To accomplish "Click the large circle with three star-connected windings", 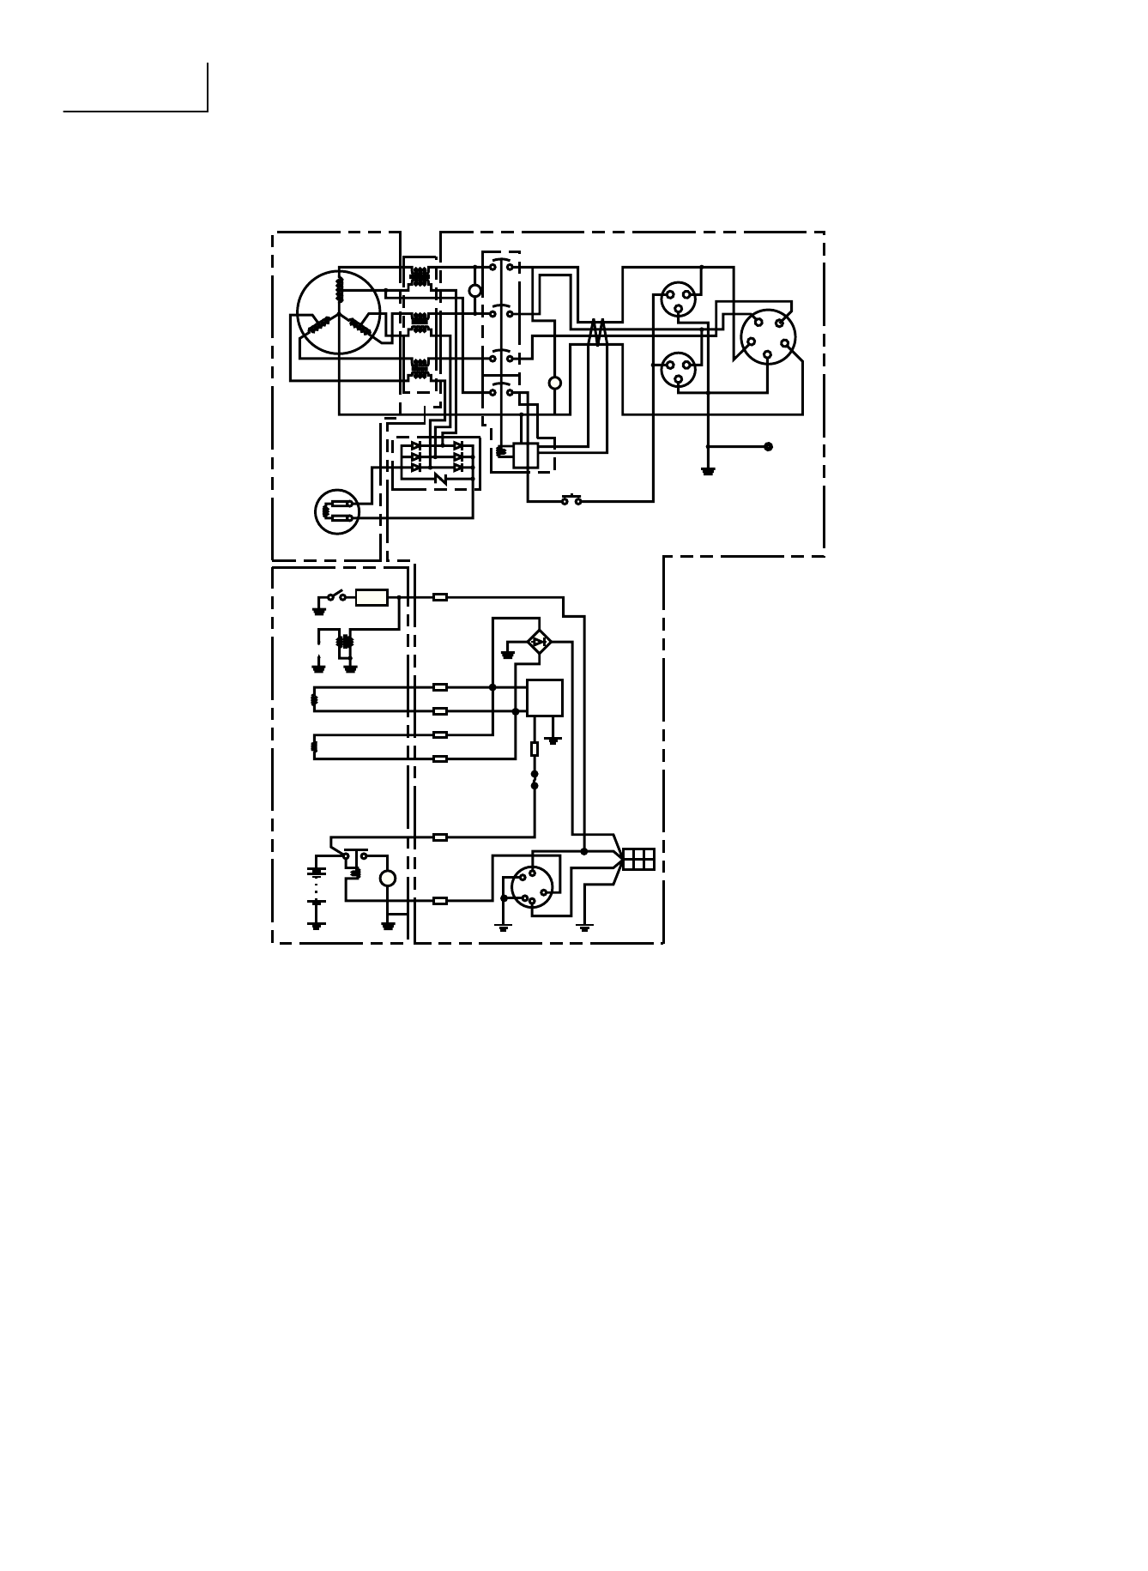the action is click(x=339, y=313).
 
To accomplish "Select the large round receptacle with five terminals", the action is click(x=768, y=336).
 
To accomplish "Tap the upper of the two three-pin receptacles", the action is click(x=678, y=299).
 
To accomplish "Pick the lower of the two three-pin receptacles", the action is click(x=678, y=369).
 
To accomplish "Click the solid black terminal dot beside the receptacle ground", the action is click(x=768, y=446).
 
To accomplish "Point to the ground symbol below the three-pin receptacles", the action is click(x=708, y=470).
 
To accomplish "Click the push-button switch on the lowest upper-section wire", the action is click(x=571, y=500).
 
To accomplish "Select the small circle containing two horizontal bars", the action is click(x=337, y=511).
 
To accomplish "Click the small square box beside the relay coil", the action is click(x=525, y=455).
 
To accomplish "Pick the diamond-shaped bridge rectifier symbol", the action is click(x=539, y=641).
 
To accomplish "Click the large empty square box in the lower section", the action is click(x=545, y=698).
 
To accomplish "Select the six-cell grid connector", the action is click(x=638, y=859).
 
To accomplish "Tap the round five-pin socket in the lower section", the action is click(x=532, y=887).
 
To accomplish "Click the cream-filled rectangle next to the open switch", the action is click(x=372, y=597).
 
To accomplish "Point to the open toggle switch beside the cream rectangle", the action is click(x=336, y=595).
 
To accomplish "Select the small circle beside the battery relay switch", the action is click(x=388, y=879).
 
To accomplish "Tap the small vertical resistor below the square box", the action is click(x=535, y=749).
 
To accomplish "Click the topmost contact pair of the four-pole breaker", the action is click(x=501, y=265).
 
